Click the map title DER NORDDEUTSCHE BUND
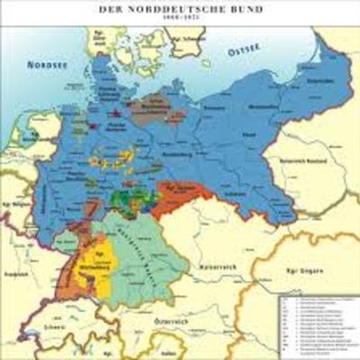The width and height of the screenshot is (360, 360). click(x=181, y=8)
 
